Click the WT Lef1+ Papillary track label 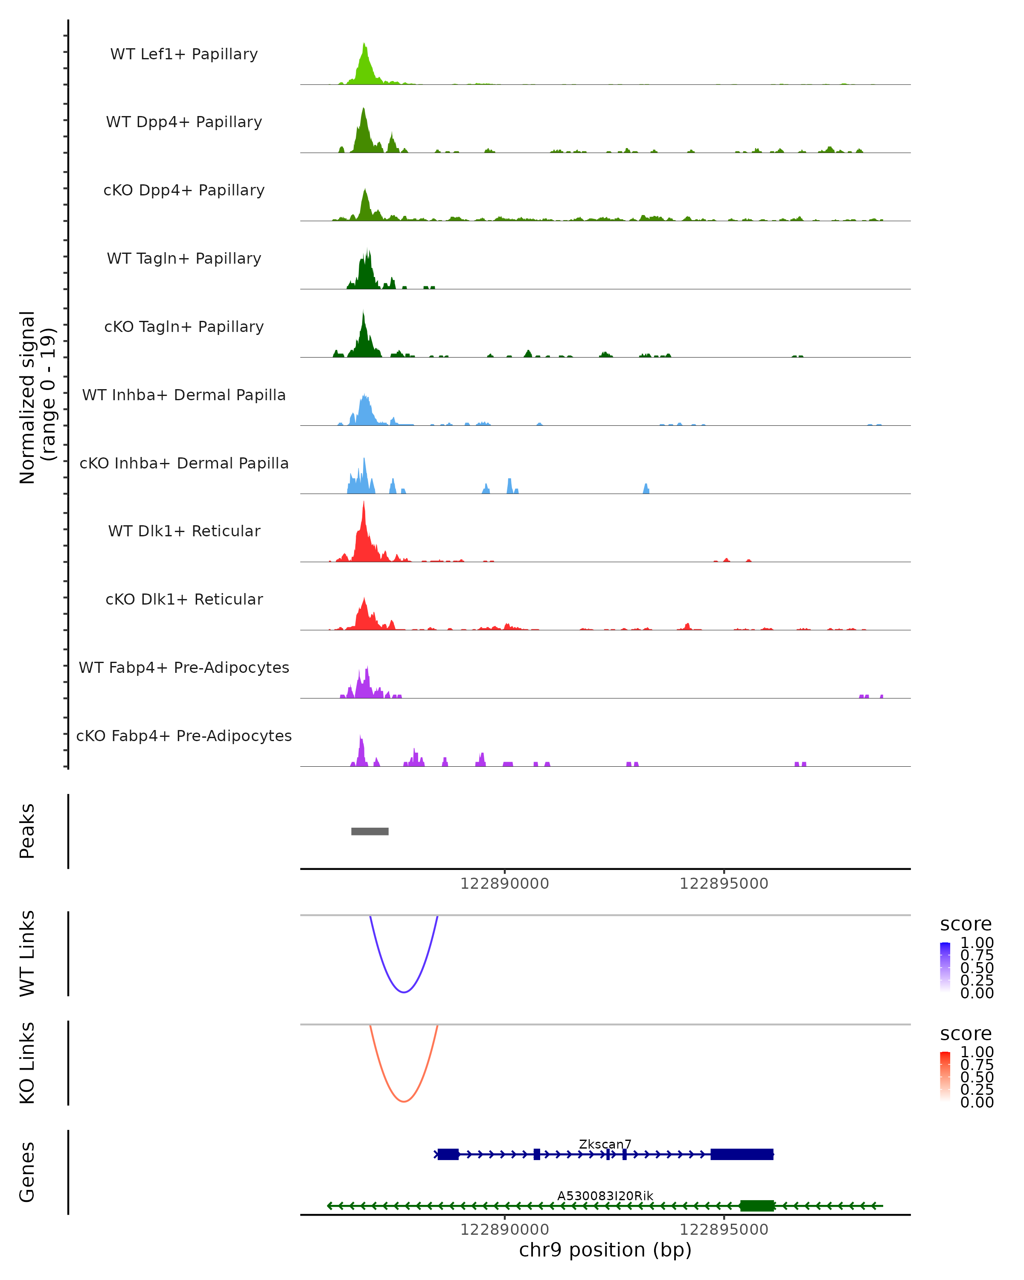(x=184, y=54)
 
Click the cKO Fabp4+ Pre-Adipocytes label (x=184, y=736)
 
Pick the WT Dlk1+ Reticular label (x=184, y=531)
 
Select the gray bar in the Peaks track (x=370, y=831)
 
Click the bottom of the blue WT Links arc (x=404, y=992)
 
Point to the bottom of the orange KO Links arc (x=404, y=1101)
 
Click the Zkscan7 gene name (x=605, y=1144)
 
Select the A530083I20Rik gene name (x=605, y=1196)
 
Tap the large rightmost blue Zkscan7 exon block (x=742, y=1155)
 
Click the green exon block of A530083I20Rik (x=757, y=1206)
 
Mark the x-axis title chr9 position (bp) (x=605, y=1250)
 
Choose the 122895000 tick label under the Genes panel (x=724, y=1230)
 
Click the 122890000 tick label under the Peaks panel (x=505, y=884)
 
